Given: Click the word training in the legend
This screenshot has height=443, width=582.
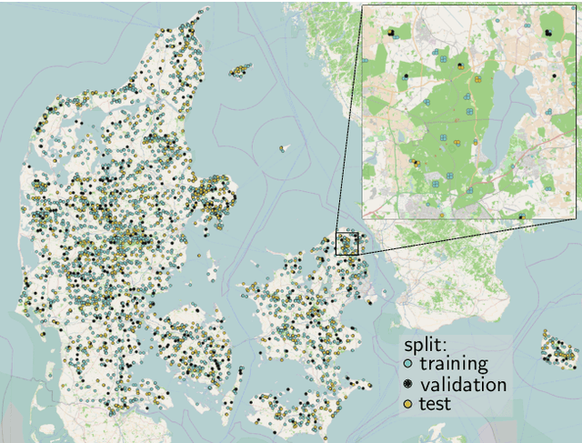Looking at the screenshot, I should click(x=459, y=364).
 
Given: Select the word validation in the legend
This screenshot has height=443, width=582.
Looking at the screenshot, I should click(x=469, y=384).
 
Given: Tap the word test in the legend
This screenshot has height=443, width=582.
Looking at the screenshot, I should click(x=436, y=403).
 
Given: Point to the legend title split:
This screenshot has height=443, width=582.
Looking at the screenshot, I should click(x=425, y=346).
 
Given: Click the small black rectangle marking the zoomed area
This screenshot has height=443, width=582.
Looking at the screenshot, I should click(x=348, y=243).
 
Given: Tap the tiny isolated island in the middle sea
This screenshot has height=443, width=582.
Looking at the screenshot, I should click(x=283, y=148).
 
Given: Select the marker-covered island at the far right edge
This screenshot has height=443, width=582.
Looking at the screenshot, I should click(x=557, y=347).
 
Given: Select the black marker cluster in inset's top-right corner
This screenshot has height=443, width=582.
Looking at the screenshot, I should click(x=548, y=33).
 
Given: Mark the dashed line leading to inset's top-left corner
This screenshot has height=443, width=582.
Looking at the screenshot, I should click(x=348, y=118).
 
